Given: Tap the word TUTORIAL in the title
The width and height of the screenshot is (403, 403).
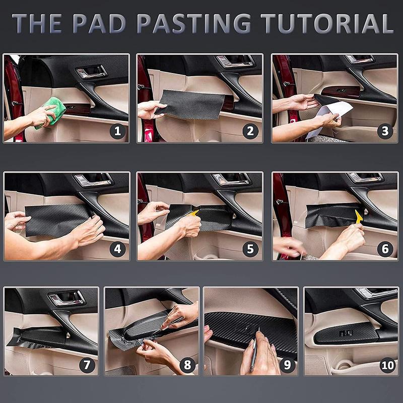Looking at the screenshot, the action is click(x=327, y=24).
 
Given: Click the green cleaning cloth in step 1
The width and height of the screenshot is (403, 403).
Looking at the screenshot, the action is click(x=51, y=112).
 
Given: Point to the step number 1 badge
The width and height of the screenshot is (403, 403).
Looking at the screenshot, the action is click(x=118, y=131).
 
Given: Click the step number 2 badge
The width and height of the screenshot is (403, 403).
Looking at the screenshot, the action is click(x=250, y=131).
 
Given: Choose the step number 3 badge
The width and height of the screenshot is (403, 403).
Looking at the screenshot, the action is click(x=385, y=131).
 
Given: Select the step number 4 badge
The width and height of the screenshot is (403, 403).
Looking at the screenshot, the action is click(x=118, y=249).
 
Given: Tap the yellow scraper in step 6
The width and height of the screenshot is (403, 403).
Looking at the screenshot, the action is click(x=359, y=217).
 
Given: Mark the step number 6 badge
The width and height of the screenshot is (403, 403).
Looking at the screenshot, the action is click(x=385, y=249).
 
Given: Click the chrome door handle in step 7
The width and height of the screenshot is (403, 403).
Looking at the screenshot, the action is click(x=67, y=298).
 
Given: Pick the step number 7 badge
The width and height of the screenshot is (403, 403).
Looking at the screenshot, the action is click(x=87, y=365).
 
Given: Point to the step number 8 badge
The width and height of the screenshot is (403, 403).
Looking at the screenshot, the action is click(x=187, y=365).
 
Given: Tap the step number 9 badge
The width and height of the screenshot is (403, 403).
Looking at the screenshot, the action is click(x=287, y=365).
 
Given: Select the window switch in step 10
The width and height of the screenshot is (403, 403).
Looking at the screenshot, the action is click(x=346, y=333).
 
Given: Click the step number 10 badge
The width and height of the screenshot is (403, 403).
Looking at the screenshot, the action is click(x=388, y=365).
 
